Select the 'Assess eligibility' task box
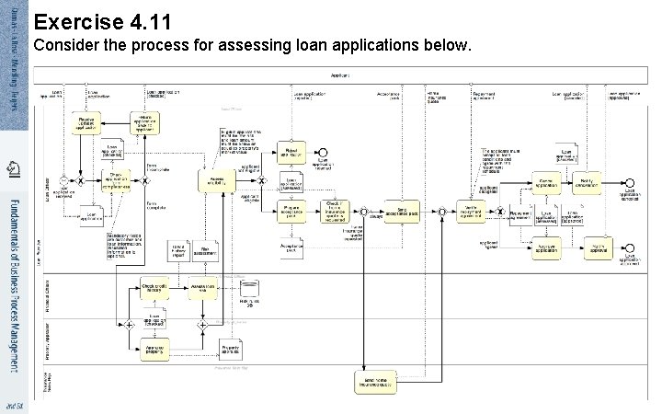point(217,181)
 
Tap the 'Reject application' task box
point(292,152)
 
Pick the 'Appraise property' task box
point(154,348)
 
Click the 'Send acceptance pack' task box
point(403,211)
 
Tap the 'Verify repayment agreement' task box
point(471,211)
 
